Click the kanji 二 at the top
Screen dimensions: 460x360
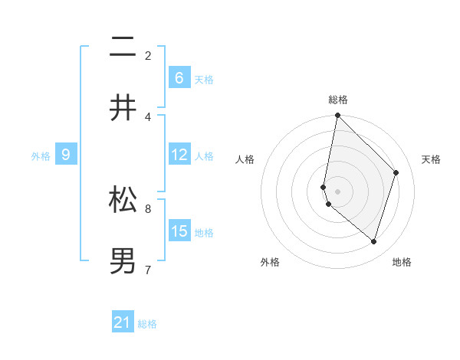coord(123,47)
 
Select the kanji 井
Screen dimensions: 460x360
coord(123,107)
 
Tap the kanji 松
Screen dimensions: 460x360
coord(123,200)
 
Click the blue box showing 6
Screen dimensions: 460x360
coord(179,78)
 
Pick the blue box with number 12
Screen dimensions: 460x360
coord(179,155)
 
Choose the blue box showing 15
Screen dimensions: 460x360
coord(179,231)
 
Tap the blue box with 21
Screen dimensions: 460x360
coord(123,323)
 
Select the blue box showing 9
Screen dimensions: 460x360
coord(66,155)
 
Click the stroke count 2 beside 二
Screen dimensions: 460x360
coord(148,55)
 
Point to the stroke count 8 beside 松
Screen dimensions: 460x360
coord(148,208)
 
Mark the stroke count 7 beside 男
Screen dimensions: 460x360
coord(148,270)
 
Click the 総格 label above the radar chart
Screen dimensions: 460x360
coord(337,100)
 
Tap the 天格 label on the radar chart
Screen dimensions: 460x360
coord(432,159)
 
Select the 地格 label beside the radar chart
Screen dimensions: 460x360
coord(402,262)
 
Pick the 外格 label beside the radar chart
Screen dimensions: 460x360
coord(270,262)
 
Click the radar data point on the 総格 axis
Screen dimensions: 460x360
coord(337,115)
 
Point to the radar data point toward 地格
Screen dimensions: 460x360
coord(373,241)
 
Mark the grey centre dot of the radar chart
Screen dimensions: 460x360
coord(337,191)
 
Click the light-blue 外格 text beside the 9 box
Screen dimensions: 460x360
coord(41,156)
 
